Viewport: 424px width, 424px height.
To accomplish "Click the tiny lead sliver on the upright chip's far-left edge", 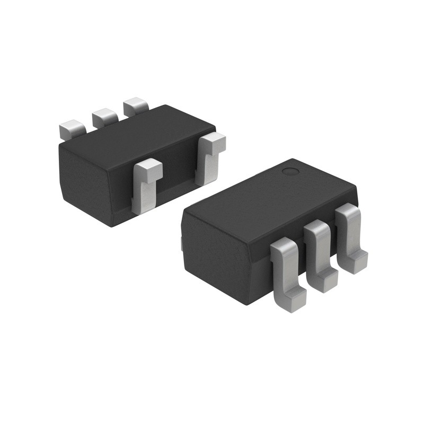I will [x=181, y=244].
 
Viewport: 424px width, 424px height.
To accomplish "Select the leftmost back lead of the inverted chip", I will [x=72, y=129].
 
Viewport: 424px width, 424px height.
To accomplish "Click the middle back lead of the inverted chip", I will [x=104, y=117].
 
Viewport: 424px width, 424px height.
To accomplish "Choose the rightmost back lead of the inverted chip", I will [x=135, y=105].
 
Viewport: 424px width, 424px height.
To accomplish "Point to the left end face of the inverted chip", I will [x=85, y=180].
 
